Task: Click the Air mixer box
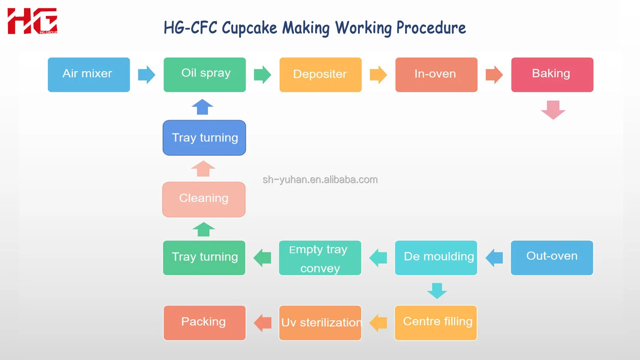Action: click(89, 75)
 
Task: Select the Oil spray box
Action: click(205, 75)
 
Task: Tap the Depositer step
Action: click(320, 75)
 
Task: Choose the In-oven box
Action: click(436, 75)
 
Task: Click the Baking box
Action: click(552, 75)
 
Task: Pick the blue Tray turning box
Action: click(204, 138)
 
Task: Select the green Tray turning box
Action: click(204, 258)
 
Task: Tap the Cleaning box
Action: click(204, 199)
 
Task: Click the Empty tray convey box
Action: click(320, 258)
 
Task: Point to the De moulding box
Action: click(436, 258)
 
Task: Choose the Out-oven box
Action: click(552, 258)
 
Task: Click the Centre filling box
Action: click(436, 323)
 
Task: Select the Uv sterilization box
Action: click(320, 323)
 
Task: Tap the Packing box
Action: click(204, 323)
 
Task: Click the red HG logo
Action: click(32, 21)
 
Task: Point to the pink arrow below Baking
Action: click(553, 110)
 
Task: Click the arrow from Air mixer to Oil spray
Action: click(146, 75)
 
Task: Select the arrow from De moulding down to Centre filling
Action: click(437, 291)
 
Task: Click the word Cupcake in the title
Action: click(249, 28)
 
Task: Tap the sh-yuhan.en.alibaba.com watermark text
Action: click(320, 180)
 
